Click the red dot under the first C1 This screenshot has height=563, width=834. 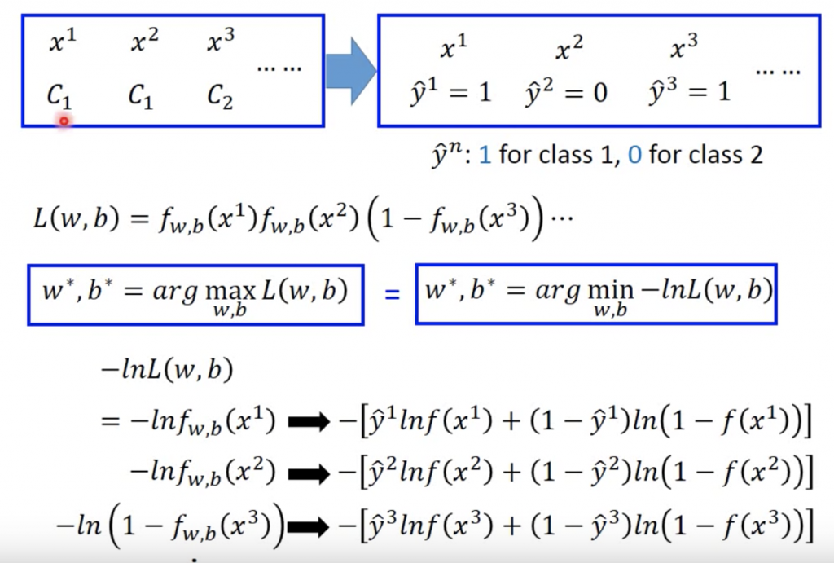[x=63, y=121]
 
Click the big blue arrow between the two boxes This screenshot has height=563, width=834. [x=350, y=70]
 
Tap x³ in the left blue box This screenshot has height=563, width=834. [x=222, y=41]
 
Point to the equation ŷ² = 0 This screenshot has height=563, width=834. [x=567, y=93]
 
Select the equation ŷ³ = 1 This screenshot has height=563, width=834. [x=689, y=92]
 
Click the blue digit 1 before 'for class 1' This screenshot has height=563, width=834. [x=485, y=154]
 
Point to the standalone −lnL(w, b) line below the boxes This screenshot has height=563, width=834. [x=166, y=372]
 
